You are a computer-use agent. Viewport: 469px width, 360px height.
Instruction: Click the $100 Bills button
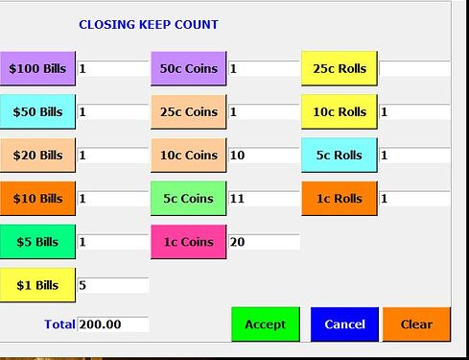coord(36,68)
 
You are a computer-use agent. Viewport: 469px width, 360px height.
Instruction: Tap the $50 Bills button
coord(36,111)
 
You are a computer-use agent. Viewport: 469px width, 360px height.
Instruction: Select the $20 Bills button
coord(36,155)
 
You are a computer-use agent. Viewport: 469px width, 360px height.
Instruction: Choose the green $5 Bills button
coord(36,242)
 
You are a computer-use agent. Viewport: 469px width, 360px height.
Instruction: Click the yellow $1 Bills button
coord(36,285)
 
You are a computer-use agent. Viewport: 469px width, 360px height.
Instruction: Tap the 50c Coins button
coord(188,68)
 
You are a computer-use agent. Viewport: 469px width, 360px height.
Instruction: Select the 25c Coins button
coord(188,111)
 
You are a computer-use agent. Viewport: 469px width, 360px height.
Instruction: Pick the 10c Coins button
coord(188,155)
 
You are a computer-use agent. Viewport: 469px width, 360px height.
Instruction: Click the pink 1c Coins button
coord(188,242)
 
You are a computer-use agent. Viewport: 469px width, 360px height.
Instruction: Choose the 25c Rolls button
coord(340,68)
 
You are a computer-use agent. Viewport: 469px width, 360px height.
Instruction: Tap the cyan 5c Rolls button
coord(340,155)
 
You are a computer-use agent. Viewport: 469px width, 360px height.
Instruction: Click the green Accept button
coord(266,324)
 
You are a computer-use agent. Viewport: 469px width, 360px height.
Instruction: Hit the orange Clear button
coord(416,324)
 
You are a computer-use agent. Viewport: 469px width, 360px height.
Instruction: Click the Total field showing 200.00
coord(113,324)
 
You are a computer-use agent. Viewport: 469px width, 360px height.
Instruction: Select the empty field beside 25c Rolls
coord(414,69)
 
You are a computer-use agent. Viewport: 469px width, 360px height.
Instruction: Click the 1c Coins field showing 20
coord(264,242)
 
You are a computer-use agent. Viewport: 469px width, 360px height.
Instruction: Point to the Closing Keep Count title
coord(149,24)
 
